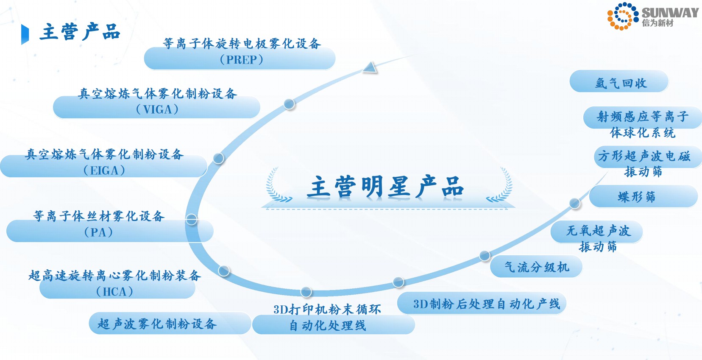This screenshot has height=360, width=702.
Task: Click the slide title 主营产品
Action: pos(80,32)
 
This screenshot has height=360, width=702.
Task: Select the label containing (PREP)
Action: pos(241,52)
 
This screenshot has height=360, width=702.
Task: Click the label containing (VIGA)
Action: pos(157,101)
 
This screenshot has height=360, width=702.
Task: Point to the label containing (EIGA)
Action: pos(104,162)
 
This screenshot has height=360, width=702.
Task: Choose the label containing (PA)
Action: pos(99,224)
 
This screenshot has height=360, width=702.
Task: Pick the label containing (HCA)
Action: pos(115,283)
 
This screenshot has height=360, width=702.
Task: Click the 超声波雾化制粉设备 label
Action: pos(157,324)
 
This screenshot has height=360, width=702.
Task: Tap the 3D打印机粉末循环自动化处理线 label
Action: pos(327,318)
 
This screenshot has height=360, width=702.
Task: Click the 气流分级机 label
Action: pos(536,267)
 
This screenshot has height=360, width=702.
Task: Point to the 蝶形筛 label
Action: pos(637,197)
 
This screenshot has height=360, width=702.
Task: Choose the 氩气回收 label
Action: pos(621,83)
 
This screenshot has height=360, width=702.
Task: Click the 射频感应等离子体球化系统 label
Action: pos(642,124)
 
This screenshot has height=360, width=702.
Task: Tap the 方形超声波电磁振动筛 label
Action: pos(644,163)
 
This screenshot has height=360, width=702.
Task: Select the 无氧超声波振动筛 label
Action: pos(598,238)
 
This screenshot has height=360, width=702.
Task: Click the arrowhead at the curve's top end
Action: pos(370,67)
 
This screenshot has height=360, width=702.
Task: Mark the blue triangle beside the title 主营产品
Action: pos(25,34)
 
